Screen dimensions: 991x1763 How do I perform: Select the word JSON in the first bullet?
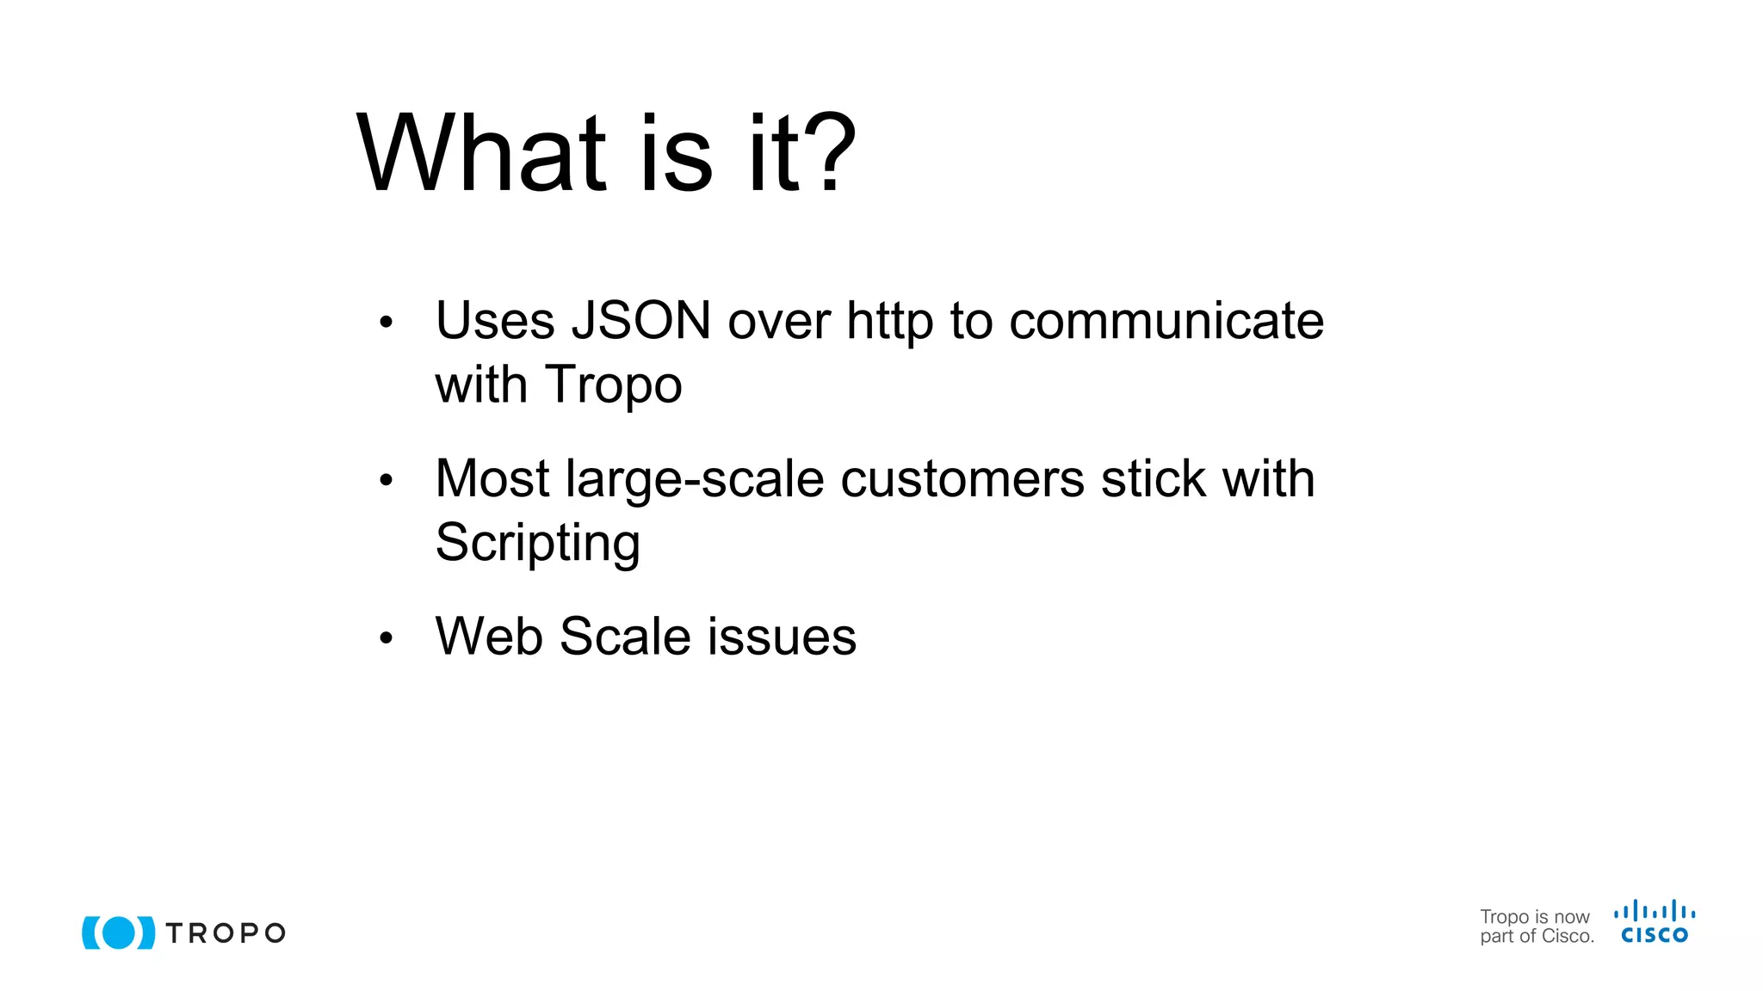(641, 321)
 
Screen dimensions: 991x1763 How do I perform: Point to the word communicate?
(1166, 321)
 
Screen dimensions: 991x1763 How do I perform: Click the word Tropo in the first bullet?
(613, 385)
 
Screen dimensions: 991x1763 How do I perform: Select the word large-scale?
(695, 478)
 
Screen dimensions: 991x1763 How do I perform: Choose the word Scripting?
(537, 543)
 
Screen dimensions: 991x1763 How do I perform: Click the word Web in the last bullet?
(489, 637)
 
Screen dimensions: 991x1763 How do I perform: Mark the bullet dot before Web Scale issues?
(386, 638)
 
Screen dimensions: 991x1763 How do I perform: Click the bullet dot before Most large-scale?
(386, 480)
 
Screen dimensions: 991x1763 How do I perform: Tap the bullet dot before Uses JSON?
(386, 323)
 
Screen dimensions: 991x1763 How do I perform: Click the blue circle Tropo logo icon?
(119, 933)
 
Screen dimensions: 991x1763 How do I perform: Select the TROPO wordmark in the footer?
(226, 933)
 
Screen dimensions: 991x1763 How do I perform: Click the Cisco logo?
(1655, 922)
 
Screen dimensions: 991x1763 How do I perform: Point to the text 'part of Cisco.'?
(1537, 937)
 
